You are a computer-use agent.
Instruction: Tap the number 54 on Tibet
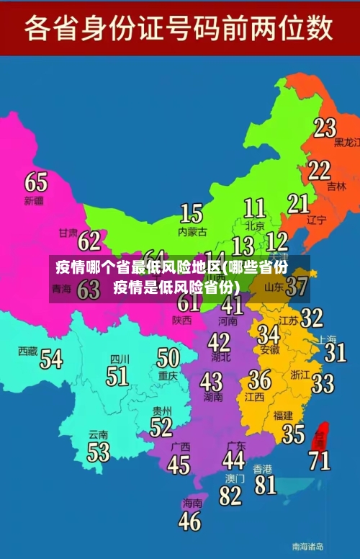pos(51,358)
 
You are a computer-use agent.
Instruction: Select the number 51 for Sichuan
pos(117,375)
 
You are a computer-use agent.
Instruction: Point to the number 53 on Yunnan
pos(99,452)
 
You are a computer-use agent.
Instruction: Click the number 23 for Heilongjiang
pos(325,128)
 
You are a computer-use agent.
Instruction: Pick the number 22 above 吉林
pos(319,170)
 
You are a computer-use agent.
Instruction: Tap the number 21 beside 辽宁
pos(298,203)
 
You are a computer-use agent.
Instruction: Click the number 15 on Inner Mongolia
pos(191,213)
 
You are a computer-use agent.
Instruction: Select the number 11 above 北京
pos(254,208)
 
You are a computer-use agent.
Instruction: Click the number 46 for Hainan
pos(189,520)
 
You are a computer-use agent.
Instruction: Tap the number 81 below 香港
pos(265,484)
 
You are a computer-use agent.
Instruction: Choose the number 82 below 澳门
pos(230,496)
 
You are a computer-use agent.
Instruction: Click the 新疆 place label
pos(34,200)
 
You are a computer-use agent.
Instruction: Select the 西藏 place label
pos(28,351)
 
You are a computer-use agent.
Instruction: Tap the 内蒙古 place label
pos(192,232)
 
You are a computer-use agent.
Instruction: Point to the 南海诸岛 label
pos(307,546)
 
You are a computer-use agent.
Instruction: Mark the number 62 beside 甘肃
pos(89,239)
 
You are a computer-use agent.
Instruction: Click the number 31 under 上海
pos(335,352)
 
